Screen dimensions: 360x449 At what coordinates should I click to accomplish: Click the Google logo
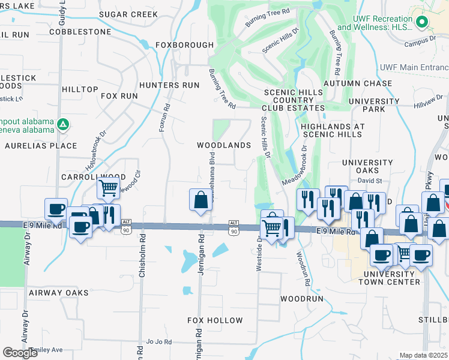(x=20, y=353)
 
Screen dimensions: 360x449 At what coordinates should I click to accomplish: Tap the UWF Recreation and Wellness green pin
(x=422, y=23)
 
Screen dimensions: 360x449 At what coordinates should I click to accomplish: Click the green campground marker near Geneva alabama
(x=63, y=124)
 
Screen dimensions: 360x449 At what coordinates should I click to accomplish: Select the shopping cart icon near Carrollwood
(x=109, y=188)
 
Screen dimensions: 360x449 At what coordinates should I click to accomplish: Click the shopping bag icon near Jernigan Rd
(x=200, y=200)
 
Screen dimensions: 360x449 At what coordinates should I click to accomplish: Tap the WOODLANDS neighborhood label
(x=224, y=146)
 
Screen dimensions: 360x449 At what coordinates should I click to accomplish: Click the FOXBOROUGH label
(x=184, y=45)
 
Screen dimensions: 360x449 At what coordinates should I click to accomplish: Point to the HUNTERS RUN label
(x=169, y=85)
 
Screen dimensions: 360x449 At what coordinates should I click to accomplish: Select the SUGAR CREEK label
(x=128, y=14)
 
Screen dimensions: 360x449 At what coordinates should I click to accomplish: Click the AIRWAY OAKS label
(x=58, y=293)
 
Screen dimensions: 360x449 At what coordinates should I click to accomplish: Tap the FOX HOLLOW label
(x=215, y=320)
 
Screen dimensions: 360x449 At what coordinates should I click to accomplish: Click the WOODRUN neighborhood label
(x=302, y=298)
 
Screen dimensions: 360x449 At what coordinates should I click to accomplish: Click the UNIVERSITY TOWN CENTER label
(x=392, y=278)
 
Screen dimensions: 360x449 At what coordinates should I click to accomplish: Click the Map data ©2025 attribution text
(x=423, y=355)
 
